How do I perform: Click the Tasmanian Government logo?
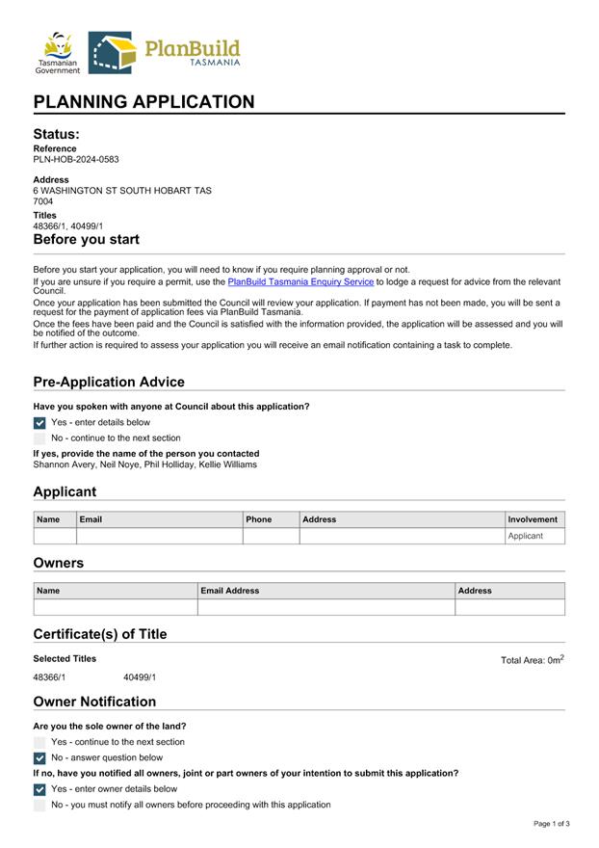[58, 52]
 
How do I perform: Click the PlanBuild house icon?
[111, 53]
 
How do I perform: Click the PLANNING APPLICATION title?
[144, 102]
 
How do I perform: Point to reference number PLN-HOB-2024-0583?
[76, 160]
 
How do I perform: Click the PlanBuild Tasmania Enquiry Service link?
[300, 282]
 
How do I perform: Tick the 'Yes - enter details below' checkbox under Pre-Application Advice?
[39, 423]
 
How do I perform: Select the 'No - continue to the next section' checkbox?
[39, 438]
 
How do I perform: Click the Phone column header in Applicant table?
[259, 519]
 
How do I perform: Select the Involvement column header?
[534, 519]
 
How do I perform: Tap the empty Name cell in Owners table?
[115, 607]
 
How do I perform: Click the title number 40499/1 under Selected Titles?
[140, 677]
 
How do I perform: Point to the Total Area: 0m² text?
[533, 660]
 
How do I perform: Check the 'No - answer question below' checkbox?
[39, 758]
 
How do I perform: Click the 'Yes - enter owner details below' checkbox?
[39, 789]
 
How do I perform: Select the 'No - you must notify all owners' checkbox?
[39, 805]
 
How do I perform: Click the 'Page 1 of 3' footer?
[552, 824]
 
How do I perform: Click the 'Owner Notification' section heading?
[94, 702]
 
